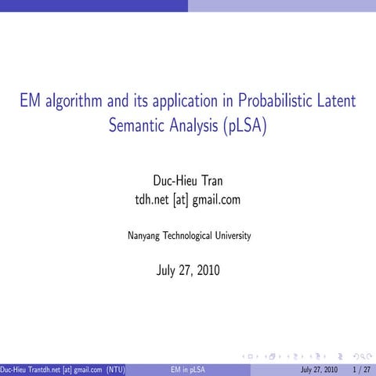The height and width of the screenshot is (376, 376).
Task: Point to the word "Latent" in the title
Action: pyautogui.click(x=336, y=102)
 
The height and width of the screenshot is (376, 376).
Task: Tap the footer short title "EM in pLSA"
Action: pyautogui.click(x=187, y=369)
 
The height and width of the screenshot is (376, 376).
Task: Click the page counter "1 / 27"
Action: pyautogui.click(x=362, y=369)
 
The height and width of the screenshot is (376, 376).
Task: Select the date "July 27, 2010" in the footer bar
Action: pyautogui.click(x=319, y=369)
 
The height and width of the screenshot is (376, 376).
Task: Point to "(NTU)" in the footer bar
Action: pyautogui.click(x=115, y=369)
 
